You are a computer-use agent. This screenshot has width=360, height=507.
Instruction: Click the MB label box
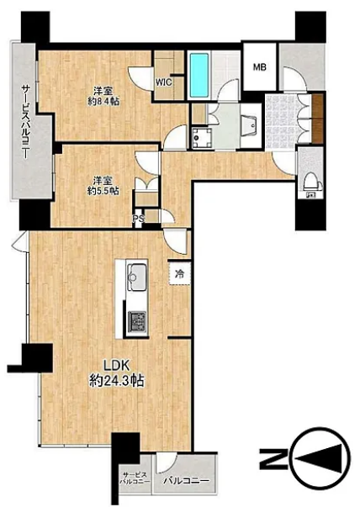(260, 66)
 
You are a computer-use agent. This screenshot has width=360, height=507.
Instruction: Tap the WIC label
(164, 82)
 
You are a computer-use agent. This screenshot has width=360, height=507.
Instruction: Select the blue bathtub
(199, 75)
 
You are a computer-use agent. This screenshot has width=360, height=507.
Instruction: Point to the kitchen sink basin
(137, 277)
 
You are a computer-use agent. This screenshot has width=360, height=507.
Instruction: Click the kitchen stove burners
(137, 321)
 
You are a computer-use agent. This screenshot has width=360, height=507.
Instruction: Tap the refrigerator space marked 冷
(179, 274)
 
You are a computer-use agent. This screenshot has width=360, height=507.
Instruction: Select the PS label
(138, 219)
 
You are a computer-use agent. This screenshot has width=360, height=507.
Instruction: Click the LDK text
(116, 366)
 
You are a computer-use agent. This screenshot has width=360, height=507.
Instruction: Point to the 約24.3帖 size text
(116, 381)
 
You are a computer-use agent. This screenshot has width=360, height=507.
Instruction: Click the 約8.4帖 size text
(103, 101)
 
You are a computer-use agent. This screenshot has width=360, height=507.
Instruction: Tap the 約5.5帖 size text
(103, 191)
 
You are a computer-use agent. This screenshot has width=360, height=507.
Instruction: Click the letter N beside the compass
(274, 459)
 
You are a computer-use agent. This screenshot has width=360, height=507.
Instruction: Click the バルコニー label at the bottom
(186, 481)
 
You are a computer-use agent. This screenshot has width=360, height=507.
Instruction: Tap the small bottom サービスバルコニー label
(135, 478)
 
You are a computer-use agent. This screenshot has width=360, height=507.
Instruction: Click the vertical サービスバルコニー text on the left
(25, 121)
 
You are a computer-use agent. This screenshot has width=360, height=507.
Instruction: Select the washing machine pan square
(202, 138)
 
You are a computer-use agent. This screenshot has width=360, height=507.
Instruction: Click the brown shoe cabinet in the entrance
(318, 119)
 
